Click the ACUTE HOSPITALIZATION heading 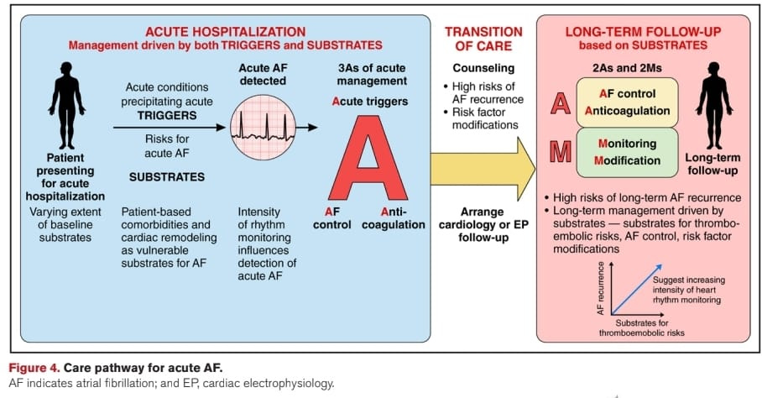pyautogui.click(x=226, y=32)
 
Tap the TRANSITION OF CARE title pyautogui.click(x=478, y=38)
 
